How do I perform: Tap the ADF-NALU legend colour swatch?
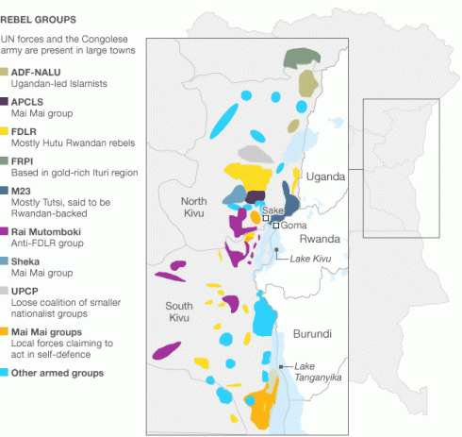point(6,72)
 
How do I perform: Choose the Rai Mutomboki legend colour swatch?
point(6,230)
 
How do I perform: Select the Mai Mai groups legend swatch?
point(6,332)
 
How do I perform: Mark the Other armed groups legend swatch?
point(6,373)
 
